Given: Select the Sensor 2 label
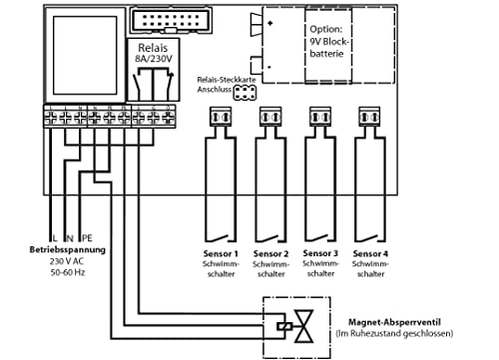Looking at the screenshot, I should click(269, 254).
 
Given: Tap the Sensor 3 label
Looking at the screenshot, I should click(321, 254).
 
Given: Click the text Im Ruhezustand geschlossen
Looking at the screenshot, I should click(394, 334).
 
